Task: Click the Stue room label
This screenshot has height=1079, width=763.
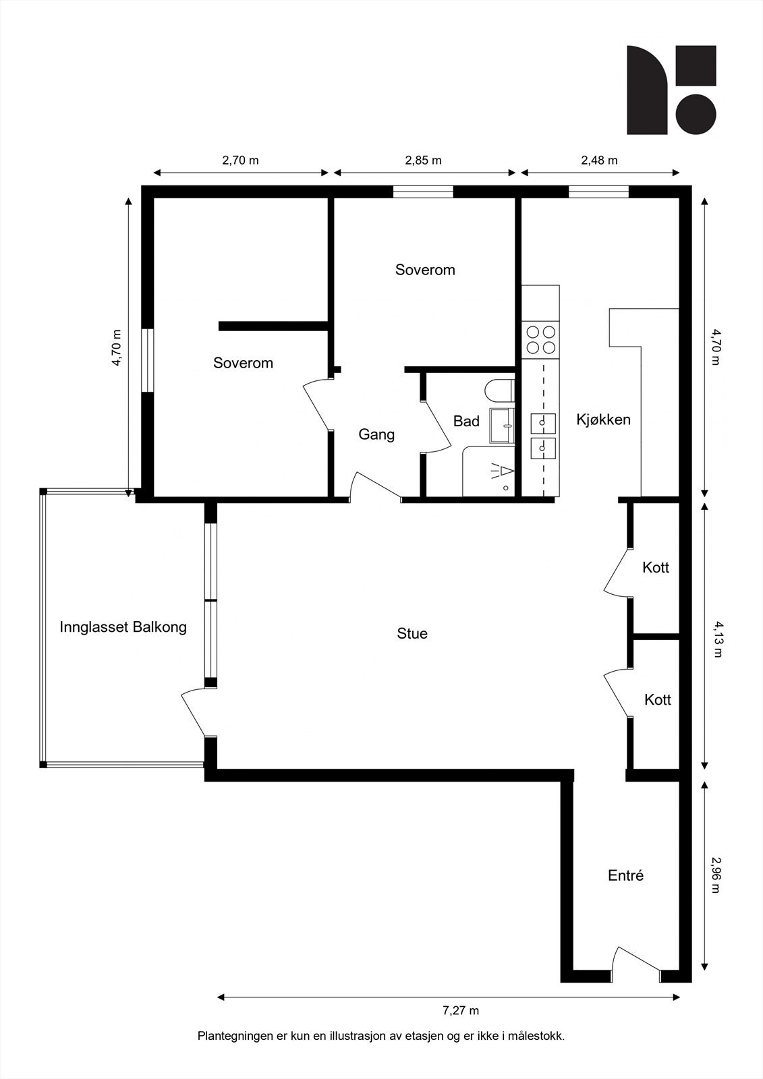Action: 412,634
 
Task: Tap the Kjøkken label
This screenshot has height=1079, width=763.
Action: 603,419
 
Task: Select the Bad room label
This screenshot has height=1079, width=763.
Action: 466,421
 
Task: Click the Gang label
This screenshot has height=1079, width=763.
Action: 376,434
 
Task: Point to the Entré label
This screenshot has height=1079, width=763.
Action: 626,875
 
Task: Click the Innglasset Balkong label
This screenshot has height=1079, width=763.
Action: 123,627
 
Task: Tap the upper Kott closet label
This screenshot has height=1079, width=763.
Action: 656,568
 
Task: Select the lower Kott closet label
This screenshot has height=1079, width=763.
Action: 658,700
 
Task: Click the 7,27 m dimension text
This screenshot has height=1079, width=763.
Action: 461,1010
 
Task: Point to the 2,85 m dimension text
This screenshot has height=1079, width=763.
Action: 423,161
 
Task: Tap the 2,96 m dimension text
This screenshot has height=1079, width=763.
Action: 716,875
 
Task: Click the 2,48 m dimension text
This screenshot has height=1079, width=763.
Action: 599,161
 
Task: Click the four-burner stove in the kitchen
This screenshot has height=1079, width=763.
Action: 540,340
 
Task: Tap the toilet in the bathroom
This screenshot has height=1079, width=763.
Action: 500,392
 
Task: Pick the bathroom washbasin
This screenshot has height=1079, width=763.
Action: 501,425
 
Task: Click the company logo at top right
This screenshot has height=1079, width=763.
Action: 671,90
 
